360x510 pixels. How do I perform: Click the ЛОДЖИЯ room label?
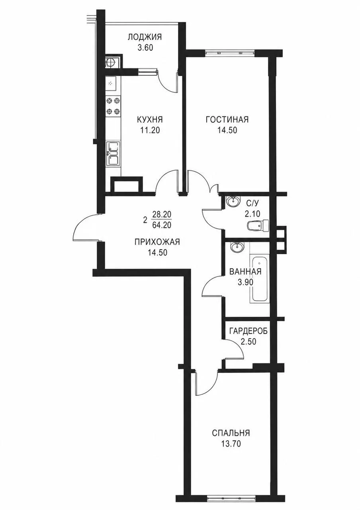click(145, 37)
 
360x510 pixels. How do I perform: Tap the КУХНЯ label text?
click(150, 119)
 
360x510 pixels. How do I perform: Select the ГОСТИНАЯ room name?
click(227, 119)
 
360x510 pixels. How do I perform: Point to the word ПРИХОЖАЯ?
click(157, 242)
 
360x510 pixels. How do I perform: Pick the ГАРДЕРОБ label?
click(248, 331)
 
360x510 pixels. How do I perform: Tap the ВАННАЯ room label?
click(245, 272)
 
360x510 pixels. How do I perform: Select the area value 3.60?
click(145, 48)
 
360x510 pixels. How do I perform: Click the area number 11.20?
click(150, 130)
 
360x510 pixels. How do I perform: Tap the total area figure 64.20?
click(162, 226)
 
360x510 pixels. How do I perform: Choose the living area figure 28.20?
click(162, 214)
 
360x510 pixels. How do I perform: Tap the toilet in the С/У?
click(258, 226)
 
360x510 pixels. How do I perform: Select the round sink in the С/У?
click(233, 201)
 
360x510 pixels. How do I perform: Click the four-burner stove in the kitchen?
click(113, 106)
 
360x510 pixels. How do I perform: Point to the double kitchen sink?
click(113, 153)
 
